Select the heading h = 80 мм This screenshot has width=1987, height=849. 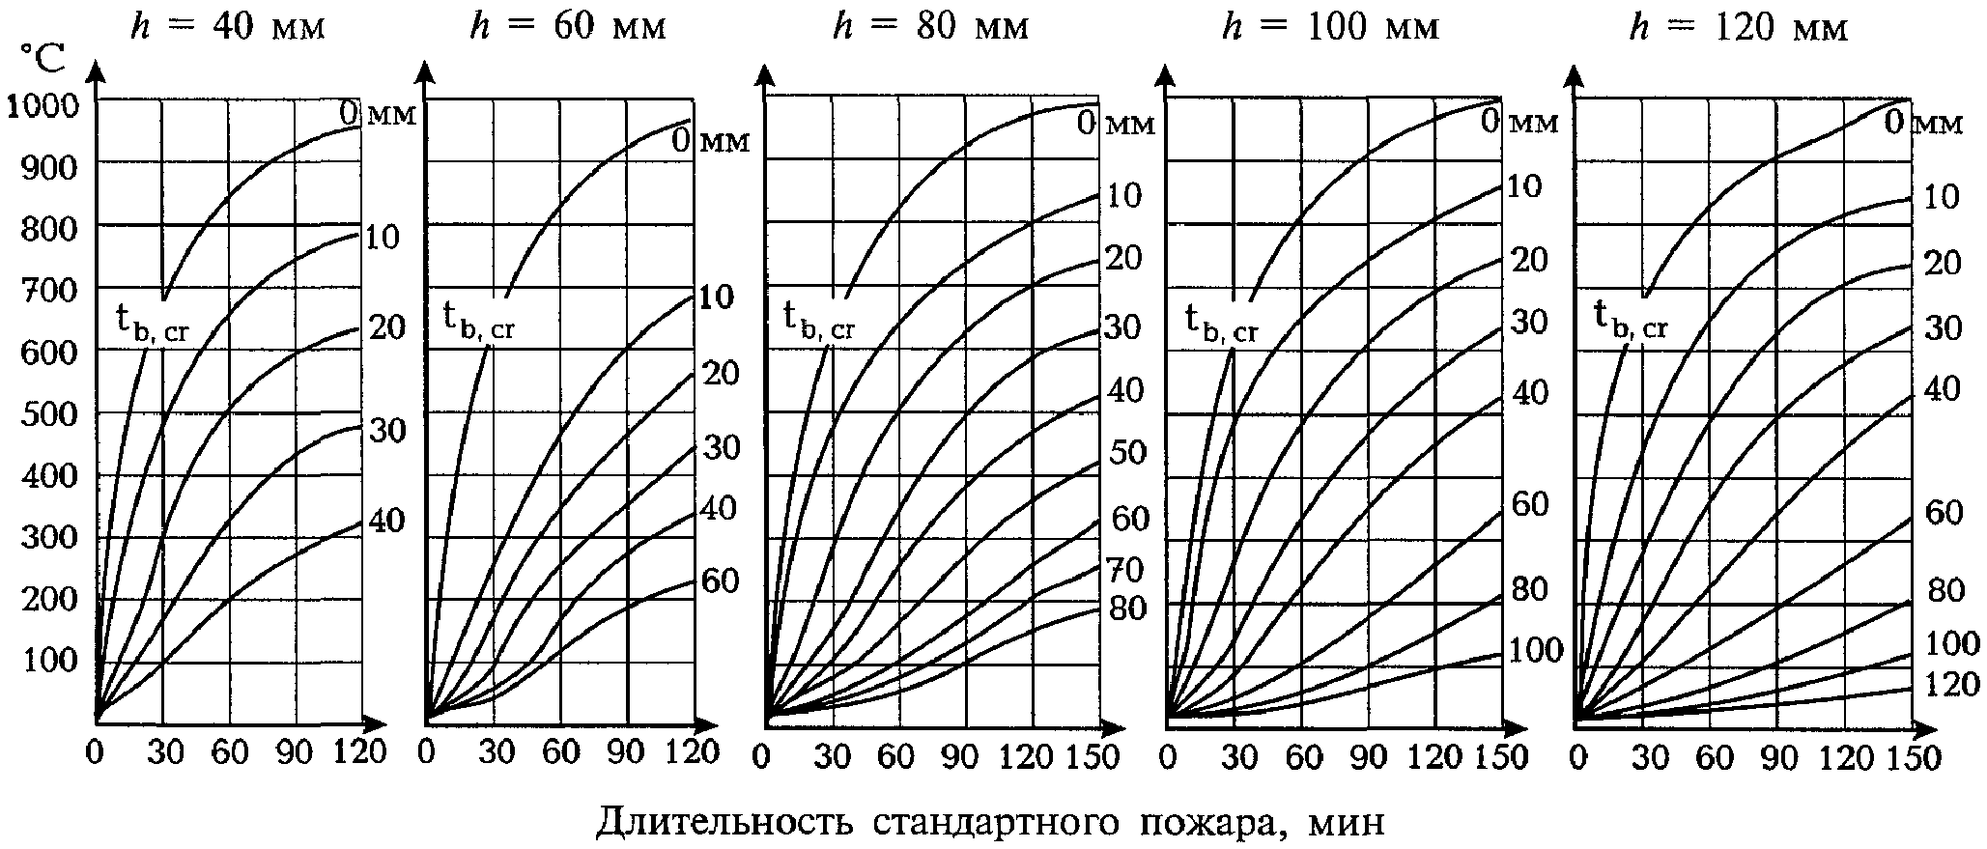[x=930, y=26]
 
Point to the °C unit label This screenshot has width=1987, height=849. [x=43, y=60]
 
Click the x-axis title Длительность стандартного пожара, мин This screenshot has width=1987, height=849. [x=989, y=821]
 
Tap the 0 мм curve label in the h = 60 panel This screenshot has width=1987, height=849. [x=711, y=141]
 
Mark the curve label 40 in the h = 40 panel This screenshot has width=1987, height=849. [x=386, y=522]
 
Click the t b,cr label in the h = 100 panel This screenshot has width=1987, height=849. [x=1222, y=323]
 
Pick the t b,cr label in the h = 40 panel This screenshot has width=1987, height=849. [x=153, y=323]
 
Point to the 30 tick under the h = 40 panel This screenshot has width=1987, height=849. [x=164, y=752]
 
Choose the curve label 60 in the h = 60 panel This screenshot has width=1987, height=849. [x=720, y=581]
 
